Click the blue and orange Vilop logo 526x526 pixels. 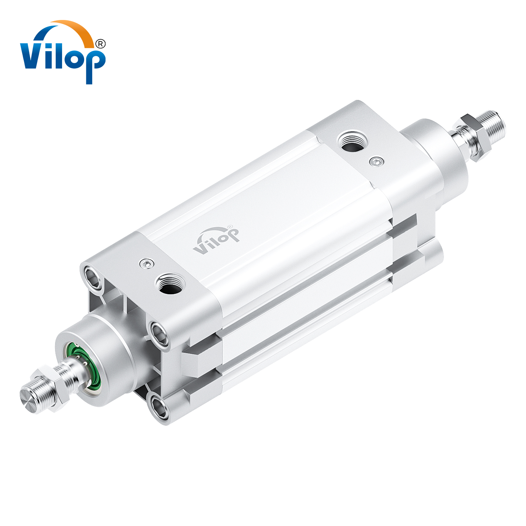(62, 53)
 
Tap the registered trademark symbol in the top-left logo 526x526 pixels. (100, 44)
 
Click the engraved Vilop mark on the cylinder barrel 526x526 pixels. (216, 240)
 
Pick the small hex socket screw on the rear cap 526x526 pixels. (377, 161)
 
